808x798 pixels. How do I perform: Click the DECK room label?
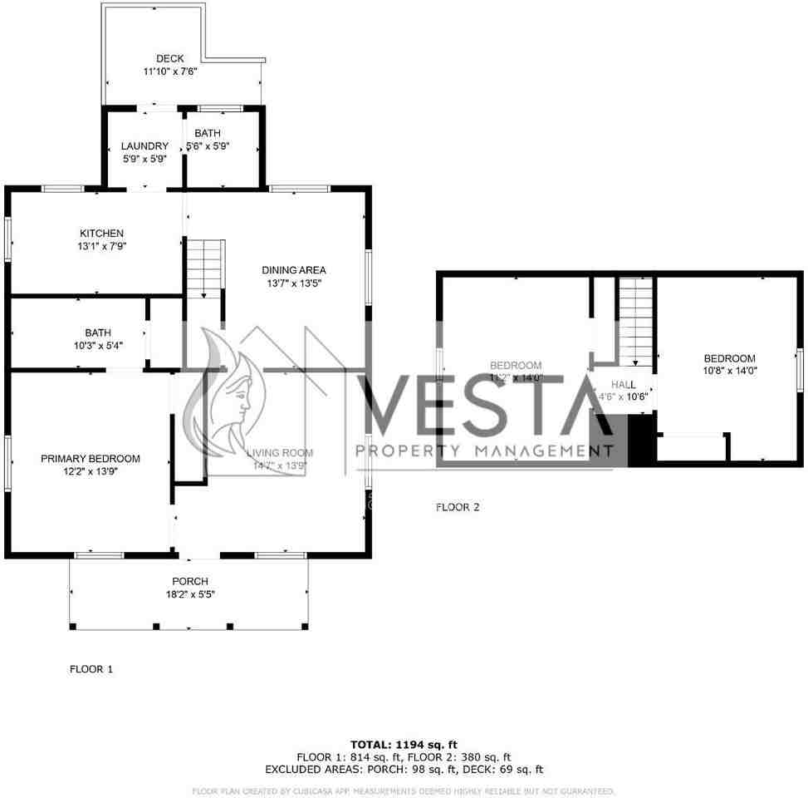(170, 58)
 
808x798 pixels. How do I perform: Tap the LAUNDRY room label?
(144, 146)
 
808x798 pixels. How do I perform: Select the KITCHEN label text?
(101, 234)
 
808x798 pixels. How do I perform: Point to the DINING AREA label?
(294, 270)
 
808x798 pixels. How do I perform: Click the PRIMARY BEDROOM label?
(91, 459)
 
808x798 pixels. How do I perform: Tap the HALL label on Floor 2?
(624, 385)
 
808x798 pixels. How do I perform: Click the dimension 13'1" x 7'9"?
(101, 246)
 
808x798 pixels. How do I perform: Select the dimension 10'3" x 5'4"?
(98, 346)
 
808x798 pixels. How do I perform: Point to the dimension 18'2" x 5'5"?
(190, 594)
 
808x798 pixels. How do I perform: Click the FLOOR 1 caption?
(91, 669)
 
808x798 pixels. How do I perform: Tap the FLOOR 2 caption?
(458, 507)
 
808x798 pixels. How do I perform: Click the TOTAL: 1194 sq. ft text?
(404, 745)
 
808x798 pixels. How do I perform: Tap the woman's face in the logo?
(238, 397)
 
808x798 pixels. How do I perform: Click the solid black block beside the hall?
(641, 441)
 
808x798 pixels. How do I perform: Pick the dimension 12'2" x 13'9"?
(91, 471)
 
